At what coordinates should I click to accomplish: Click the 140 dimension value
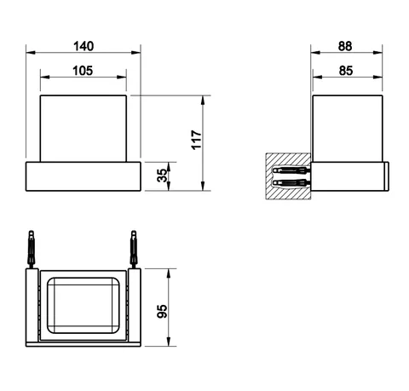point(84,46)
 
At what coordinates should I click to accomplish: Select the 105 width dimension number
point(83,71)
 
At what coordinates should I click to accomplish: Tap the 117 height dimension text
point(196,140)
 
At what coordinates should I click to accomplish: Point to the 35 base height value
point(162,175)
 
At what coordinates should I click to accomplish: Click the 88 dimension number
point(345,46)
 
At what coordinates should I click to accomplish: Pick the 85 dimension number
point(346,71)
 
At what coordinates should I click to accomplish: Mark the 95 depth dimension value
point(162,311)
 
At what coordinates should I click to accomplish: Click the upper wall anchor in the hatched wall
point(291,170)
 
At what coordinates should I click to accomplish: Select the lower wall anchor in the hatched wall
point(291,182)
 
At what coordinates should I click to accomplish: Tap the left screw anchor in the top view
point(32,249)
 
